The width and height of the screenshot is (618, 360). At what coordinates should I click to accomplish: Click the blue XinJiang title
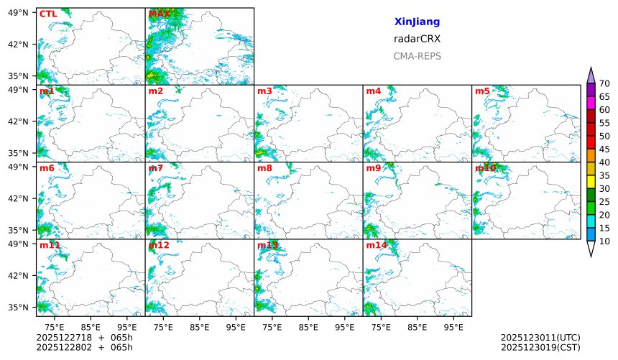coord(417,22)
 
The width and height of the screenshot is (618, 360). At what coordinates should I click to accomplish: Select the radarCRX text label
coord(417,39)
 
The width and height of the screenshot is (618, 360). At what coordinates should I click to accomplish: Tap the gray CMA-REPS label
coord(417,56)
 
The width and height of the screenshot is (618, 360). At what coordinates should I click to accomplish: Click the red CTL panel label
coord(48,14)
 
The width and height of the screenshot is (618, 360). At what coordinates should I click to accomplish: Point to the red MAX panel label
coord(159,14)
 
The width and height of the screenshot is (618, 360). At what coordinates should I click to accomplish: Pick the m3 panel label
coord(264,91)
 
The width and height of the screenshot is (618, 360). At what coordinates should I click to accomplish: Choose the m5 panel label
coord(482,91)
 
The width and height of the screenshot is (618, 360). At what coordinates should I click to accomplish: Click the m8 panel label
coord(264,168)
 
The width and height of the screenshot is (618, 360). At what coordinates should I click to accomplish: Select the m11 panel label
coord(50,245)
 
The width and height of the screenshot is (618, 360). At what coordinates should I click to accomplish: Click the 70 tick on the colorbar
coord(604,84)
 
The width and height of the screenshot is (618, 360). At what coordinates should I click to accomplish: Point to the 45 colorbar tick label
coord(604,149)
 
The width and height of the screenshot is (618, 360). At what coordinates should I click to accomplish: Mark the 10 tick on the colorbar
coord(604,241)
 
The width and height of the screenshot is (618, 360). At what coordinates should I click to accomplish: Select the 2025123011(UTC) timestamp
coord(540,338)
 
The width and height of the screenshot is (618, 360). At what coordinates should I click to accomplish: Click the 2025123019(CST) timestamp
coord(540,348)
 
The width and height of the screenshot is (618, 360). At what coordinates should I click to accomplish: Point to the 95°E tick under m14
coord(453,327)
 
